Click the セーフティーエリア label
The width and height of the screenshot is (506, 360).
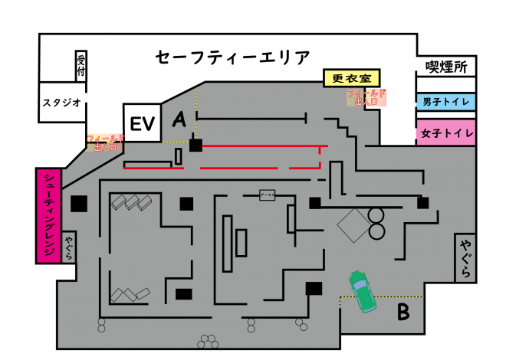tap(232, 57)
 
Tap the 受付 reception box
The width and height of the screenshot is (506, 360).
tap(81, 67)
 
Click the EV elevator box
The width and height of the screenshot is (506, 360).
tap(142, 123)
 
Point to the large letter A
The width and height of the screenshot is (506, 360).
tap(179, 119)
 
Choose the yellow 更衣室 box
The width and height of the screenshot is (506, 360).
tap(351, 77)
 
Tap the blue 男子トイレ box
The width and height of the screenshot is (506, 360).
tap(446, 101)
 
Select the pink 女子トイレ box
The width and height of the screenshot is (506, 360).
tap(446, 133)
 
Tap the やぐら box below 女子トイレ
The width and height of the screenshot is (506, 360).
tap(465, 258)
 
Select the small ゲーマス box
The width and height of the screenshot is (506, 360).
tap(267, 195)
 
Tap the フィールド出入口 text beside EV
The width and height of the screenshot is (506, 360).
tap(106, 142)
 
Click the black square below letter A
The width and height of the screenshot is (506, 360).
tap(195, 145)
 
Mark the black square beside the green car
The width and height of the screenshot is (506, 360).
tap(313, 288)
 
